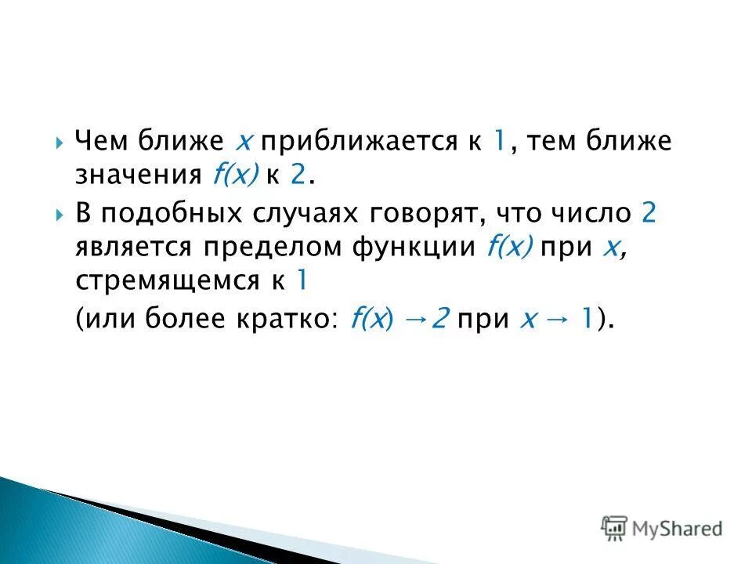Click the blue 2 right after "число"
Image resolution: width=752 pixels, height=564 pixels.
coord(647,214)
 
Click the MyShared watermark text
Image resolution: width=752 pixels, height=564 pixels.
coord(679,529)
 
